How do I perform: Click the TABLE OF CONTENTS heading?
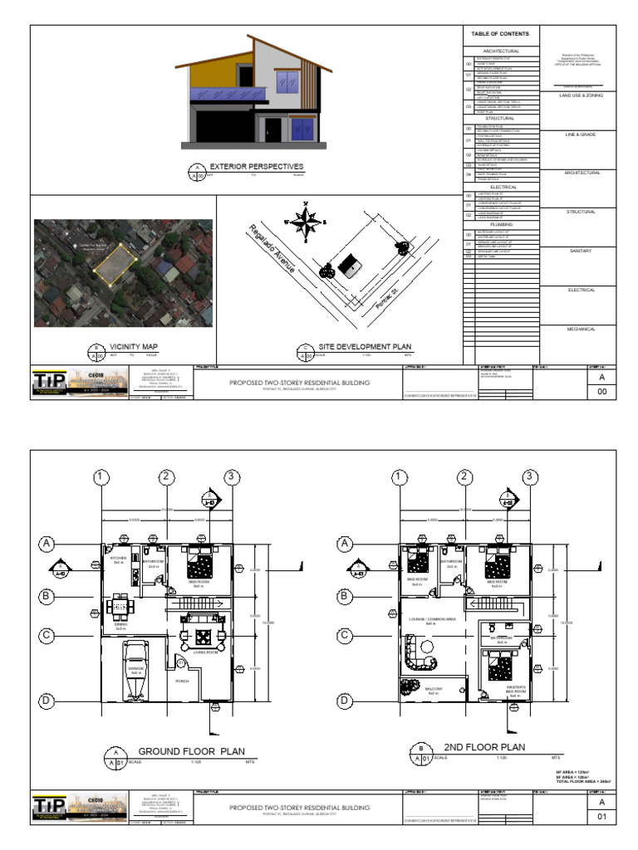[500, 34]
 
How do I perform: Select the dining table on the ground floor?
[121, 605]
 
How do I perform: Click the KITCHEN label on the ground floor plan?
[118, 559]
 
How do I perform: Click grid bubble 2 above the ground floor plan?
[167, 476]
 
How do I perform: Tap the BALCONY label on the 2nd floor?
[434, 689]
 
